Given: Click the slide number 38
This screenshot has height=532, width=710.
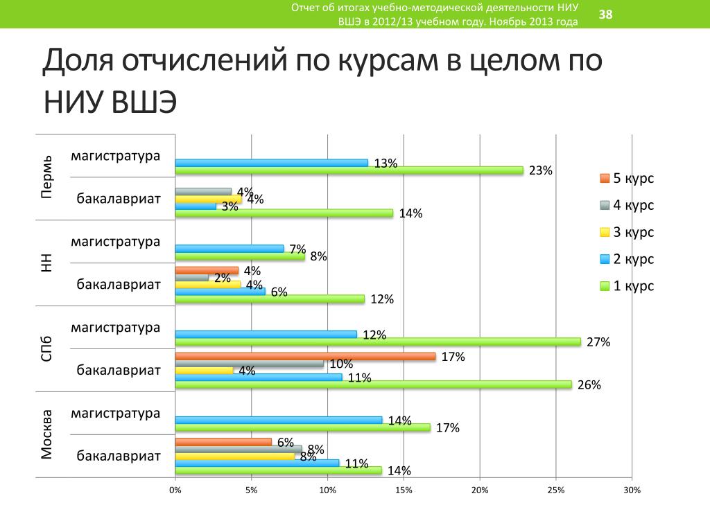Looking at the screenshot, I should coord(605,15).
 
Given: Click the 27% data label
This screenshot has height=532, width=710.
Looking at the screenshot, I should coord(598,342).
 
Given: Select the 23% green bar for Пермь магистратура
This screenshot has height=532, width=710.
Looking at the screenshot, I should coord(349,170).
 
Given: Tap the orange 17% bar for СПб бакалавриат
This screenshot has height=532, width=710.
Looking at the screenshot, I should coord(305,357).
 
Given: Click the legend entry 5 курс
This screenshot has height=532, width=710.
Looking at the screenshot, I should coord(627,179).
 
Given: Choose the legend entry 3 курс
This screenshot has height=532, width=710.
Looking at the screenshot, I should coord(627,232).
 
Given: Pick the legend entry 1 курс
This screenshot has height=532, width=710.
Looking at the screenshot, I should coord(627,285).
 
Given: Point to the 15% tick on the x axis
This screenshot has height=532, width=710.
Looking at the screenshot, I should coord(404,490).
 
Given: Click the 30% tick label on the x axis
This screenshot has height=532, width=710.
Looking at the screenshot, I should coord(632,490).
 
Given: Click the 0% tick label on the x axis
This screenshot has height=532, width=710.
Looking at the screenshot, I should coord(175,490).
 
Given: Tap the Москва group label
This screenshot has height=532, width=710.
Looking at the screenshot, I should coord(46,435).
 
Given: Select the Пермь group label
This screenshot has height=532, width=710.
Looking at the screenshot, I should coord(46,177).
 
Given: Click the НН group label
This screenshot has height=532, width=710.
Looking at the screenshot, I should coord(46,263).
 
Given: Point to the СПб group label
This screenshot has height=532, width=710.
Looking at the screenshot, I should coord(46,348).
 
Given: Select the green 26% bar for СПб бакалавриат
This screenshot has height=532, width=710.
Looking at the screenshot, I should coord(373,384).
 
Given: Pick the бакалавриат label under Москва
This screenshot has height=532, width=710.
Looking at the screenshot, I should coord(119,456).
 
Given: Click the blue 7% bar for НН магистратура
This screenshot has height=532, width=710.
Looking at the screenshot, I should coord(230,248).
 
